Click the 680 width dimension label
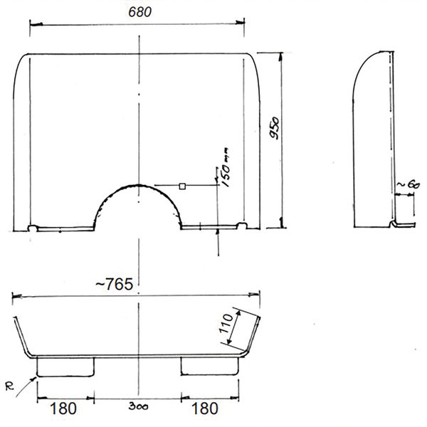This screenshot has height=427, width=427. tap(140, 12)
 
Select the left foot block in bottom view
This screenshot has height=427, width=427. tap(65, 366)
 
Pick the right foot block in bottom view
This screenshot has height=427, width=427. tap(210, 366)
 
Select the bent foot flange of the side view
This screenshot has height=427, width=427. tap(399, 225)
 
